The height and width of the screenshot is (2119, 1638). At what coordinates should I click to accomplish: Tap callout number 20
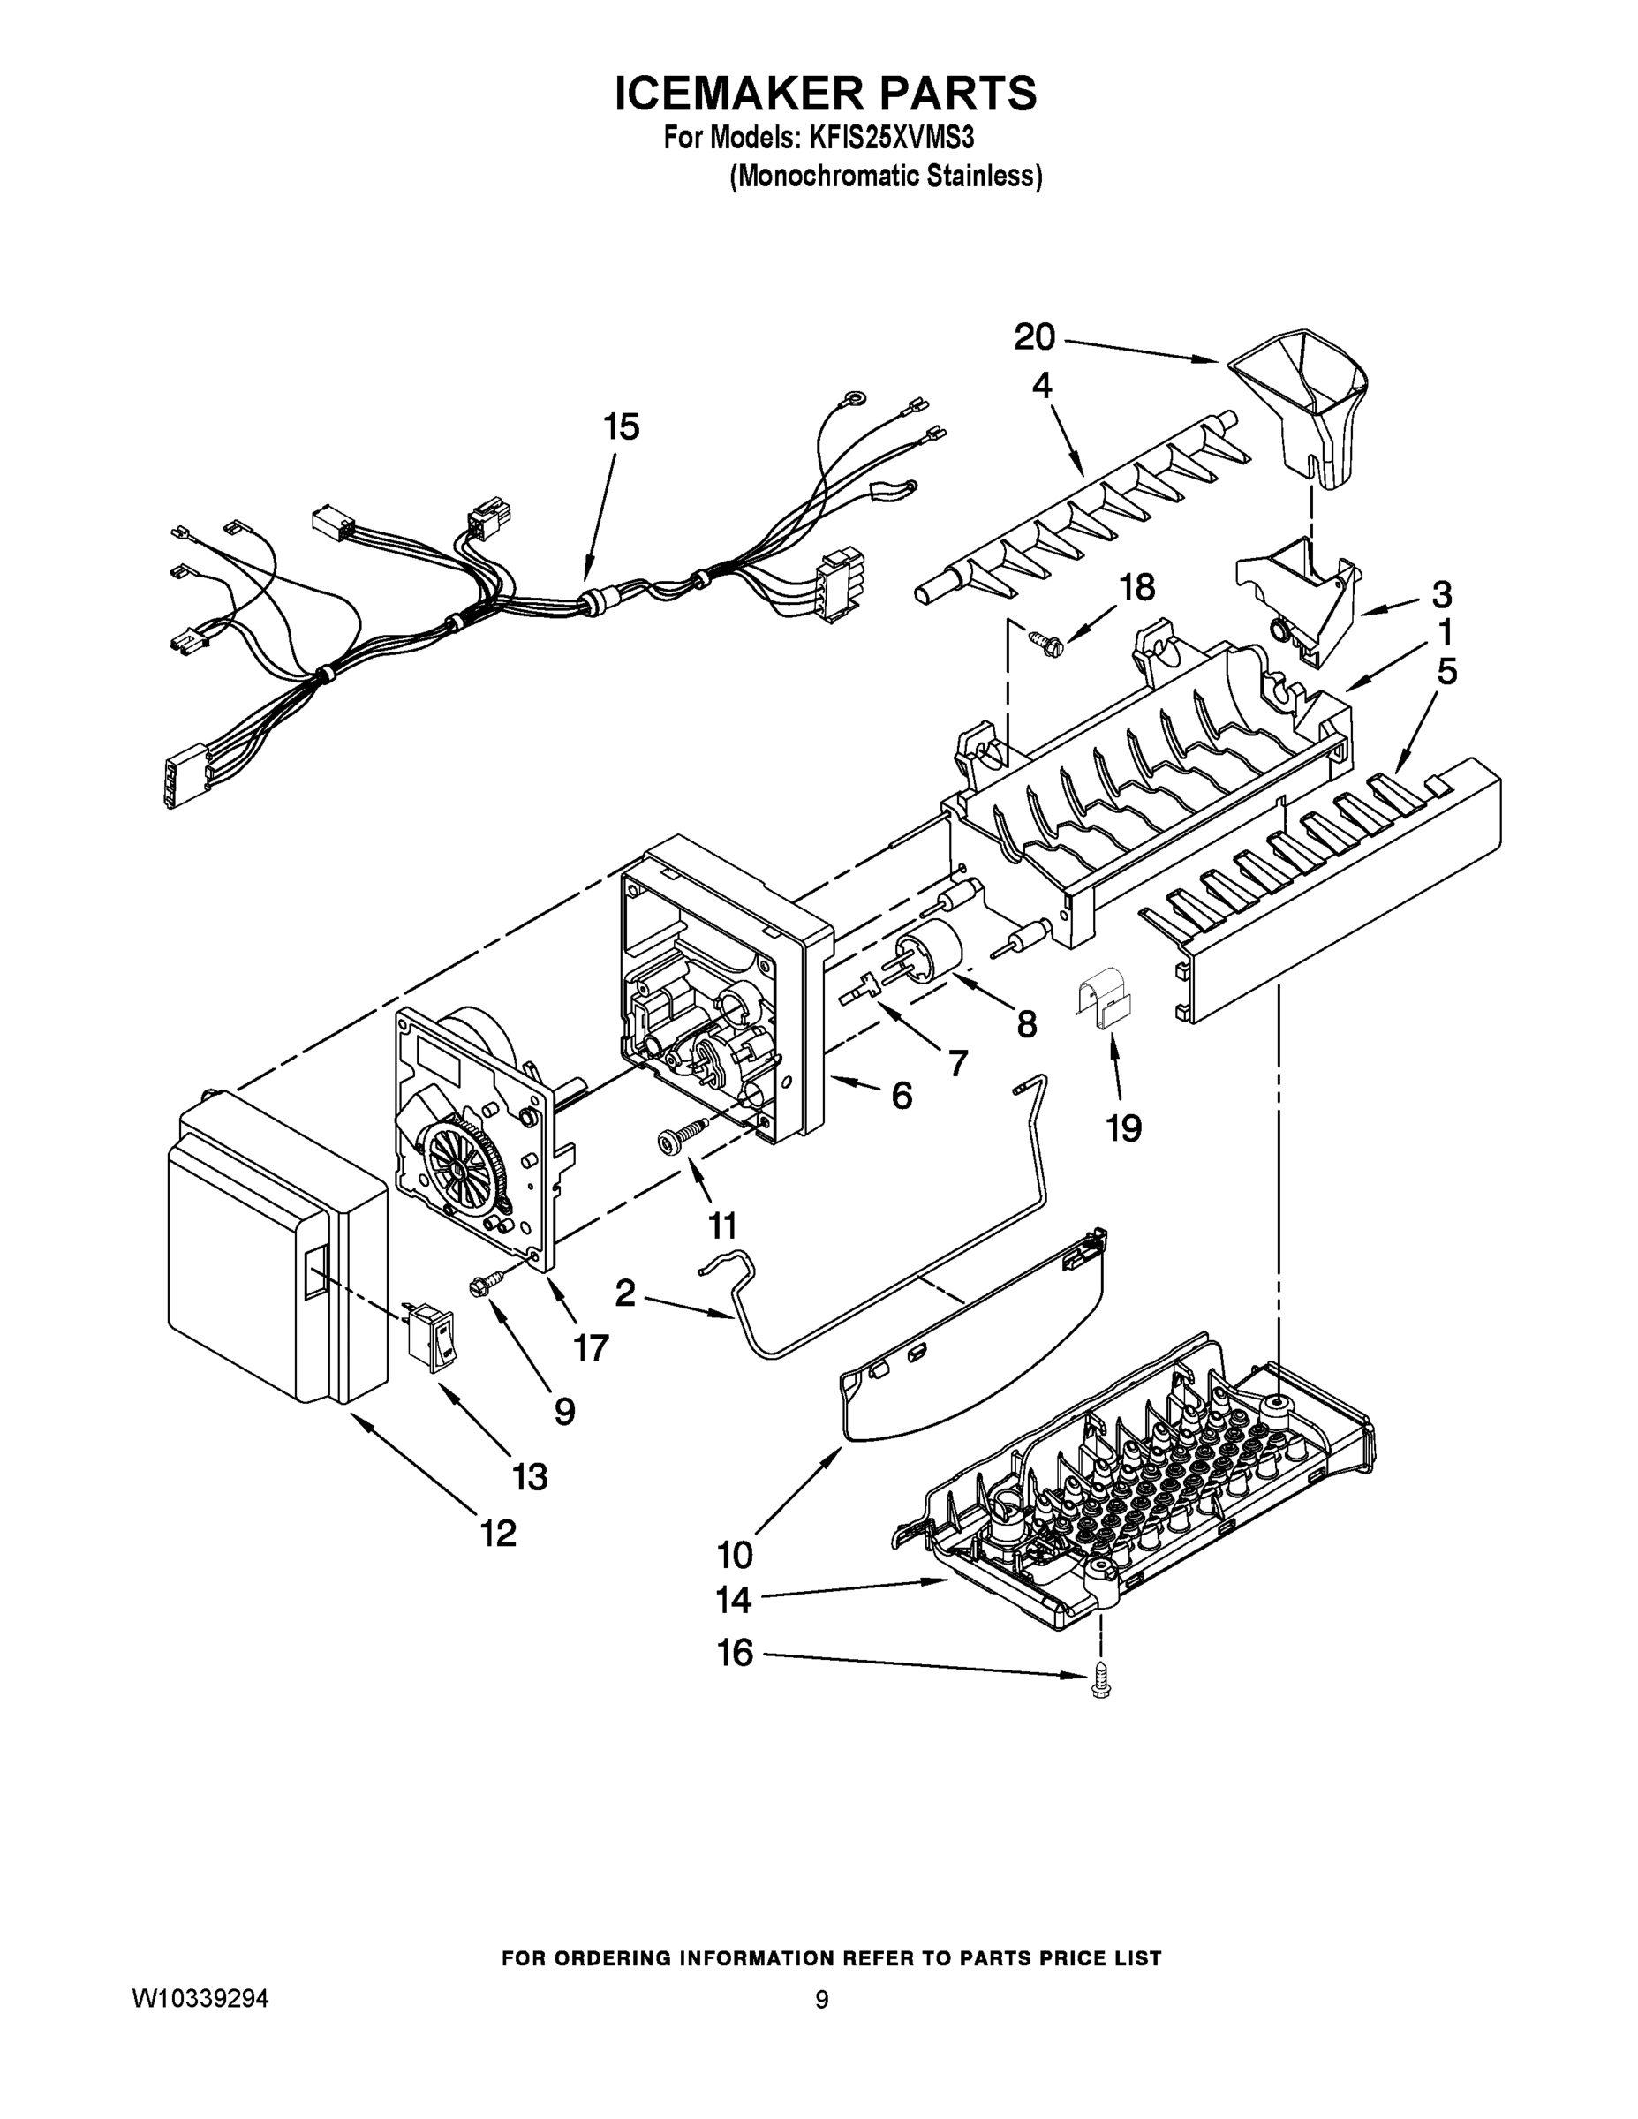click(1034, 337)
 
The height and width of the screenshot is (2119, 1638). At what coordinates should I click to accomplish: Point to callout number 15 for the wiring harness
click(622, 427)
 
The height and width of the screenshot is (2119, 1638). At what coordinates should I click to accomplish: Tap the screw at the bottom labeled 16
click(1099, 1685)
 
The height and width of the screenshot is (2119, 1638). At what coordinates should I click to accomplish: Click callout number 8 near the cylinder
click(1026, 1023)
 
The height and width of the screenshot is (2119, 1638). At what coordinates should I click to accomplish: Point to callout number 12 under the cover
click(498, 1533)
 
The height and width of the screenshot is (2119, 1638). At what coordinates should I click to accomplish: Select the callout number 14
click(735, 1599)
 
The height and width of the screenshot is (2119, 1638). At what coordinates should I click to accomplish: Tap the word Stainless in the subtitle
click(984, 177)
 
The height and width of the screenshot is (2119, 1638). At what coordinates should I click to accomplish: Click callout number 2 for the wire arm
click(626, 1293)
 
